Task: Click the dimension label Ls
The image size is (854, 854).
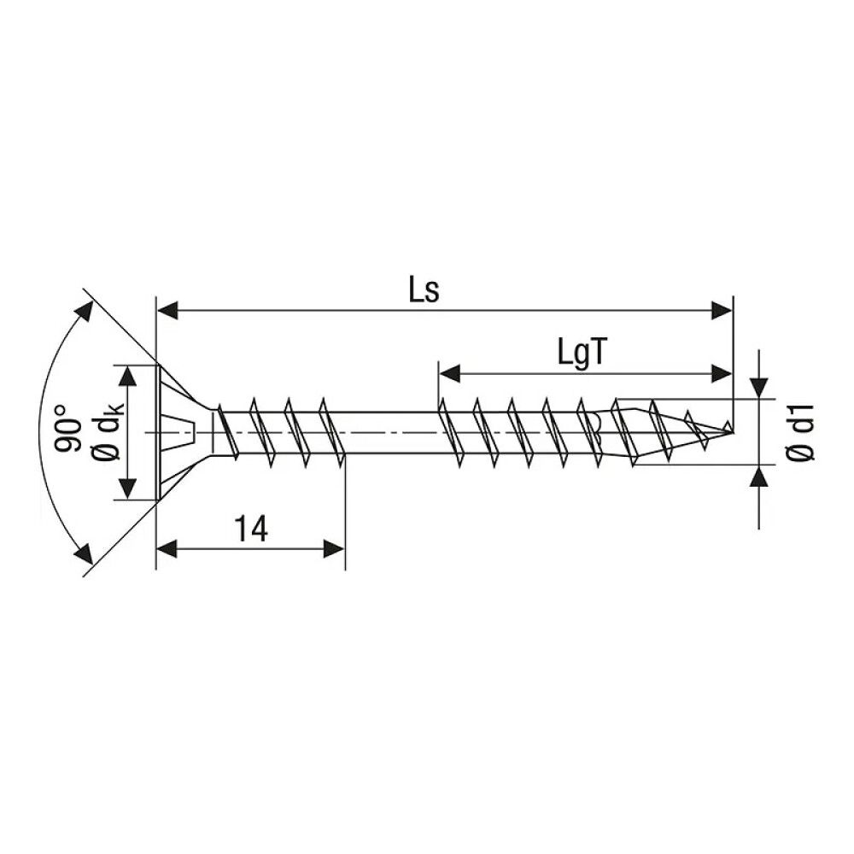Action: coord(424,291)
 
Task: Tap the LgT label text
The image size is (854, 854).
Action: coord(582,353)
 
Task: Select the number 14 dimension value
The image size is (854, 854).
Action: coord(251,529)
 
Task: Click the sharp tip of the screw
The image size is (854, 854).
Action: coord(732,430)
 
